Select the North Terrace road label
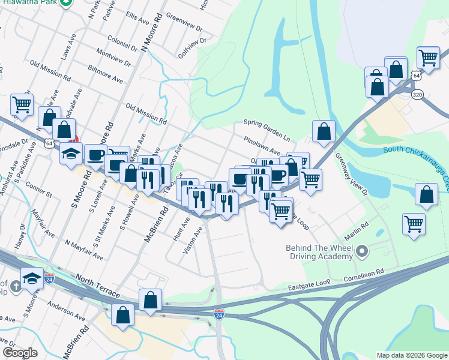click(97, 287)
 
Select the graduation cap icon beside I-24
click(32, 278)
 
